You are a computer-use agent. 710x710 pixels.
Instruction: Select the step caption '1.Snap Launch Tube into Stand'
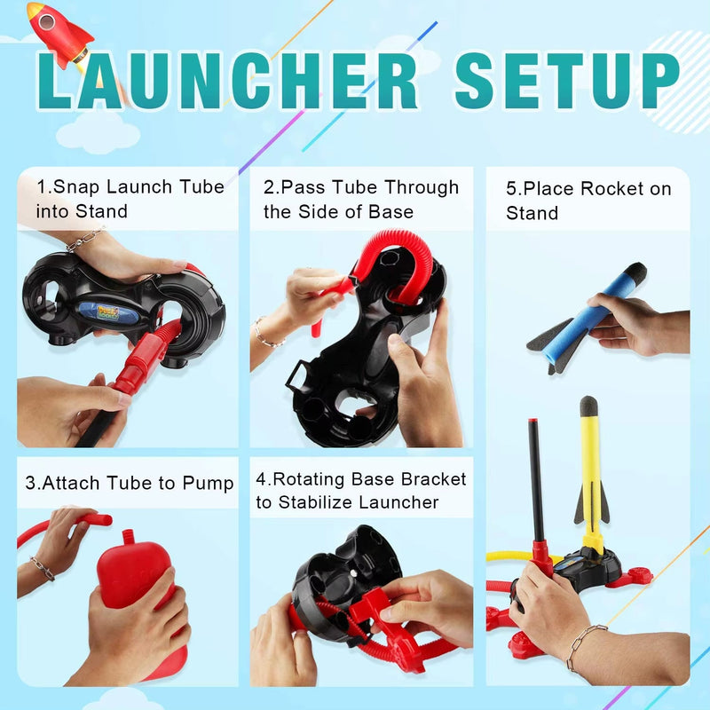pos(130,199)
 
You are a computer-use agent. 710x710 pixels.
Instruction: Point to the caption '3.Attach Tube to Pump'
pos(130,483)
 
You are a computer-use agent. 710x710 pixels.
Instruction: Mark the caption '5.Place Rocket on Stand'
pos(588,201)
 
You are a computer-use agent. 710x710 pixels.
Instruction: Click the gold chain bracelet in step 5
pos(586,644)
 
